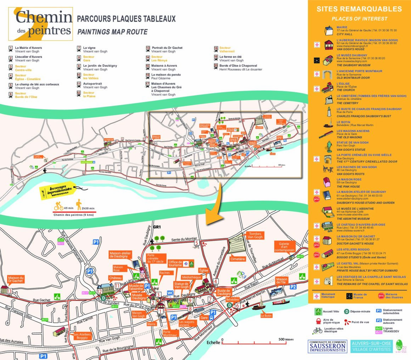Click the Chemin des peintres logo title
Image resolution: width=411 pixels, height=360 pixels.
pyautogui.click(x=43, y=23)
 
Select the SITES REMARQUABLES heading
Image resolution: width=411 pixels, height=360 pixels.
pyautogui.click(x=359, y=9)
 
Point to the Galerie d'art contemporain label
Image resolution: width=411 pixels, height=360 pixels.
pyautogui.click(x=284, y=247)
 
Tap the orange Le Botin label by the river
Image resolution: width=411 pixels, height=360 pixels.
pyautogui.click(x=266, y=315)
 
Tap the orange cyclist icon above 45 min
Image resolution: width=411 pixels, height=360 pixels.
pyautogui.click(x=58, y=204)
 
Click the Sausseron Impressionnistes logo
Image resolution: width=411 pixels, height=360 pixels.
pyautogui.click(x=327, y=346)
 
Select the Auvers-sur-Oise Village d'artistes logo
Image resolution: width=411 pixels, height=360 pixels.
pyautogui.click(x=371, y=346)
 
